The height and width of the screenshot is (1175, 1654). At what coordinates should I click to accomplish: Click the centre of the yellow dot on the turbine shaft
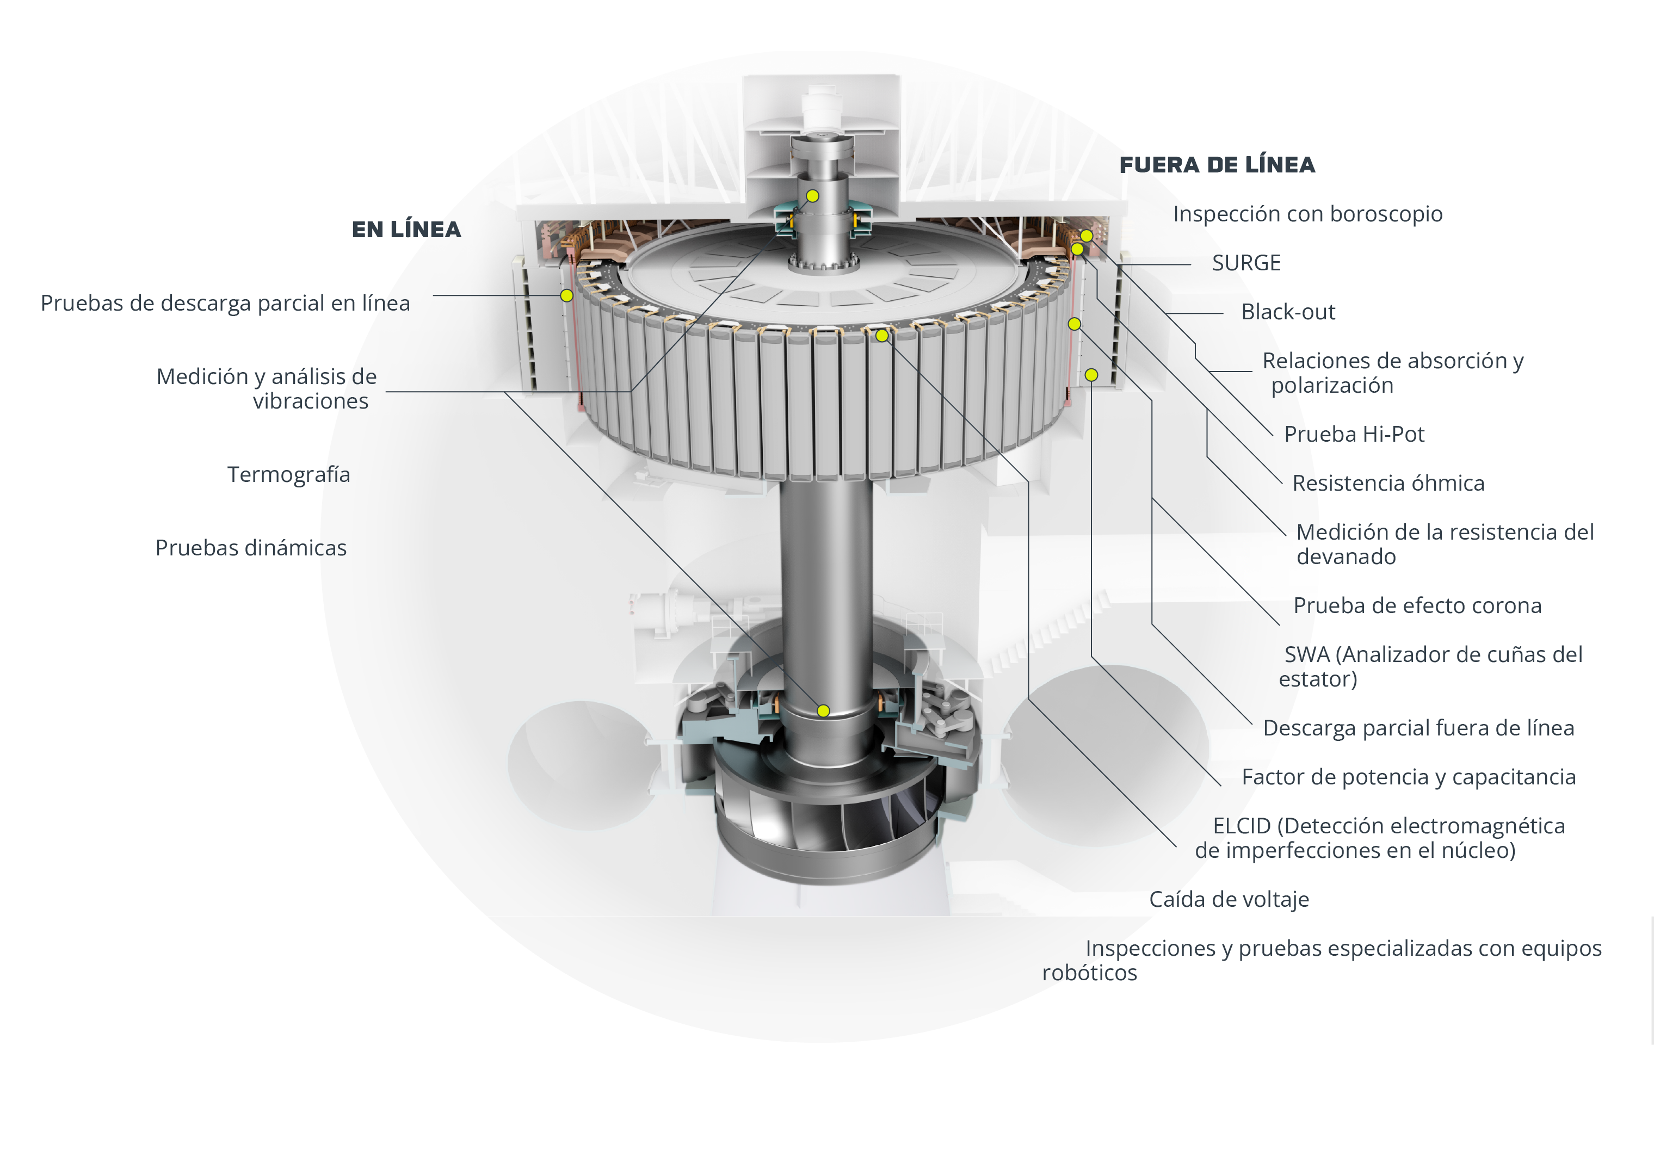pos(823,710)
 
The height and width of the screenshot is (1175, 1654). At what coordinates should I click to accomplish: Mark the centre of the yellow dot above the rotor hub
pos(812,196)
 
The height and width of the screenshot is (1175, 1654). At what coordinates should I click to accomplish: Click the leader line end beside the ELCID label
pos(1176,846)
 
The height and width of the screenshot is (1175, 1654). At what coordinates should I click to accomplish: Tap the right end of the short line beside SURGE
pos(1191,265)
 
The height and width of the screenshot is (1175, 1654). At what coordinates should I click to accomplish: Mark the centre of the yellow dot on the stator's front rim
pos(881,336)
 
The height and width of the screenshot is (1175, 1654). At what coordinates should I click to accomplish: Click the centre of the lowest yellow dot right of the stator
pos(1091,375)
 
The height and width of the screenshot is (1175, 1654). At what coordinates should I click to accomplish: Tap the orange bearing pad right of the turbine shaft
pos(881,700)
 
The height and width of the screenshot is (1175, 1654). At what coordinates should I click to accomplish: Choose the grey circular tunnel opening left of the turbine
pos(583,765)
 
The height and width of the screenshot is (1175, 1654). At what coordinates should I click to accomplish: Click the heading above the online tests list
pos(406,230)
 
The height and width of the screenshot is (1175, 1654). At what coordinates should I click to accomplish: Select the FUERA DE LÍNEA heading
pos(1217,165)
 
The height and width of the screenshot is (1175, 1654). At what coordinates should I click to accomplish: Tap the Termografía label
pos(289,475)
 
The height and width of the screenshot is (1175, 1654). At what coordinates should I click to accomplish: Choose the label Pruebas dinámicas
pos(251,548)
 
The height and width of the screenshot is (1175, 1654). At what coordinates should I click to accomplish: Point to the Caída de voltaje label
pos(1229,899)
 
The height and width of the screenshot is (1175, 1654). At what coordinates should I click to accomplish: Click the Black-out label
pos(1288,312)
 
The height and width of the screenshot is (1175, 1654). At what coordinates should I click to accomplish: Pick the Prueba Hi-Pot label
pos(1354,434)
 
